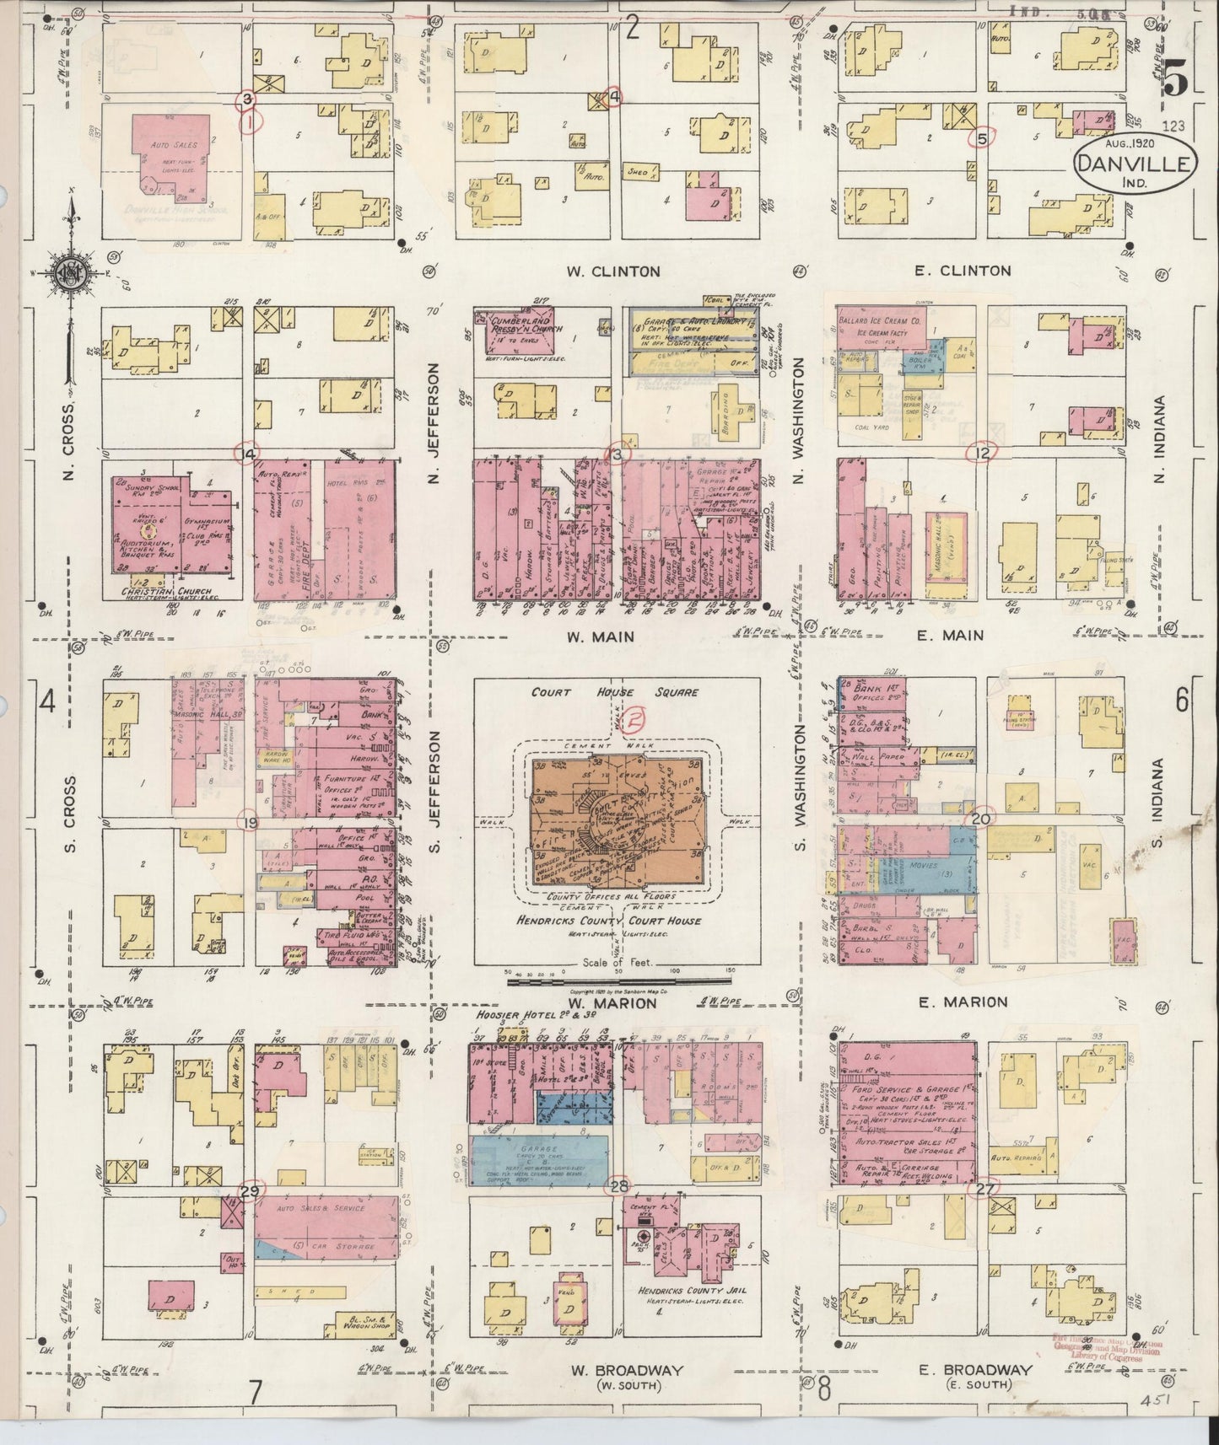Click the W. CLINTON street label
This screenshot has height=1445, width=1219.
(612, 271)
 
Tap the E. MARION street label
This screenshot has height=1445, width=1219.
(951, 1002)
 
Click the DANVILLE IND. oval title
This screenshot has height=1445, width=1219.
(1135, 164)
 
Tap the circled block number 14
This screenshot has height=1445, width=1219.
(247, 455)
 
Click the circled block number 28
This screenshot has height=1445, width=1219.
(620, 1186)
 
